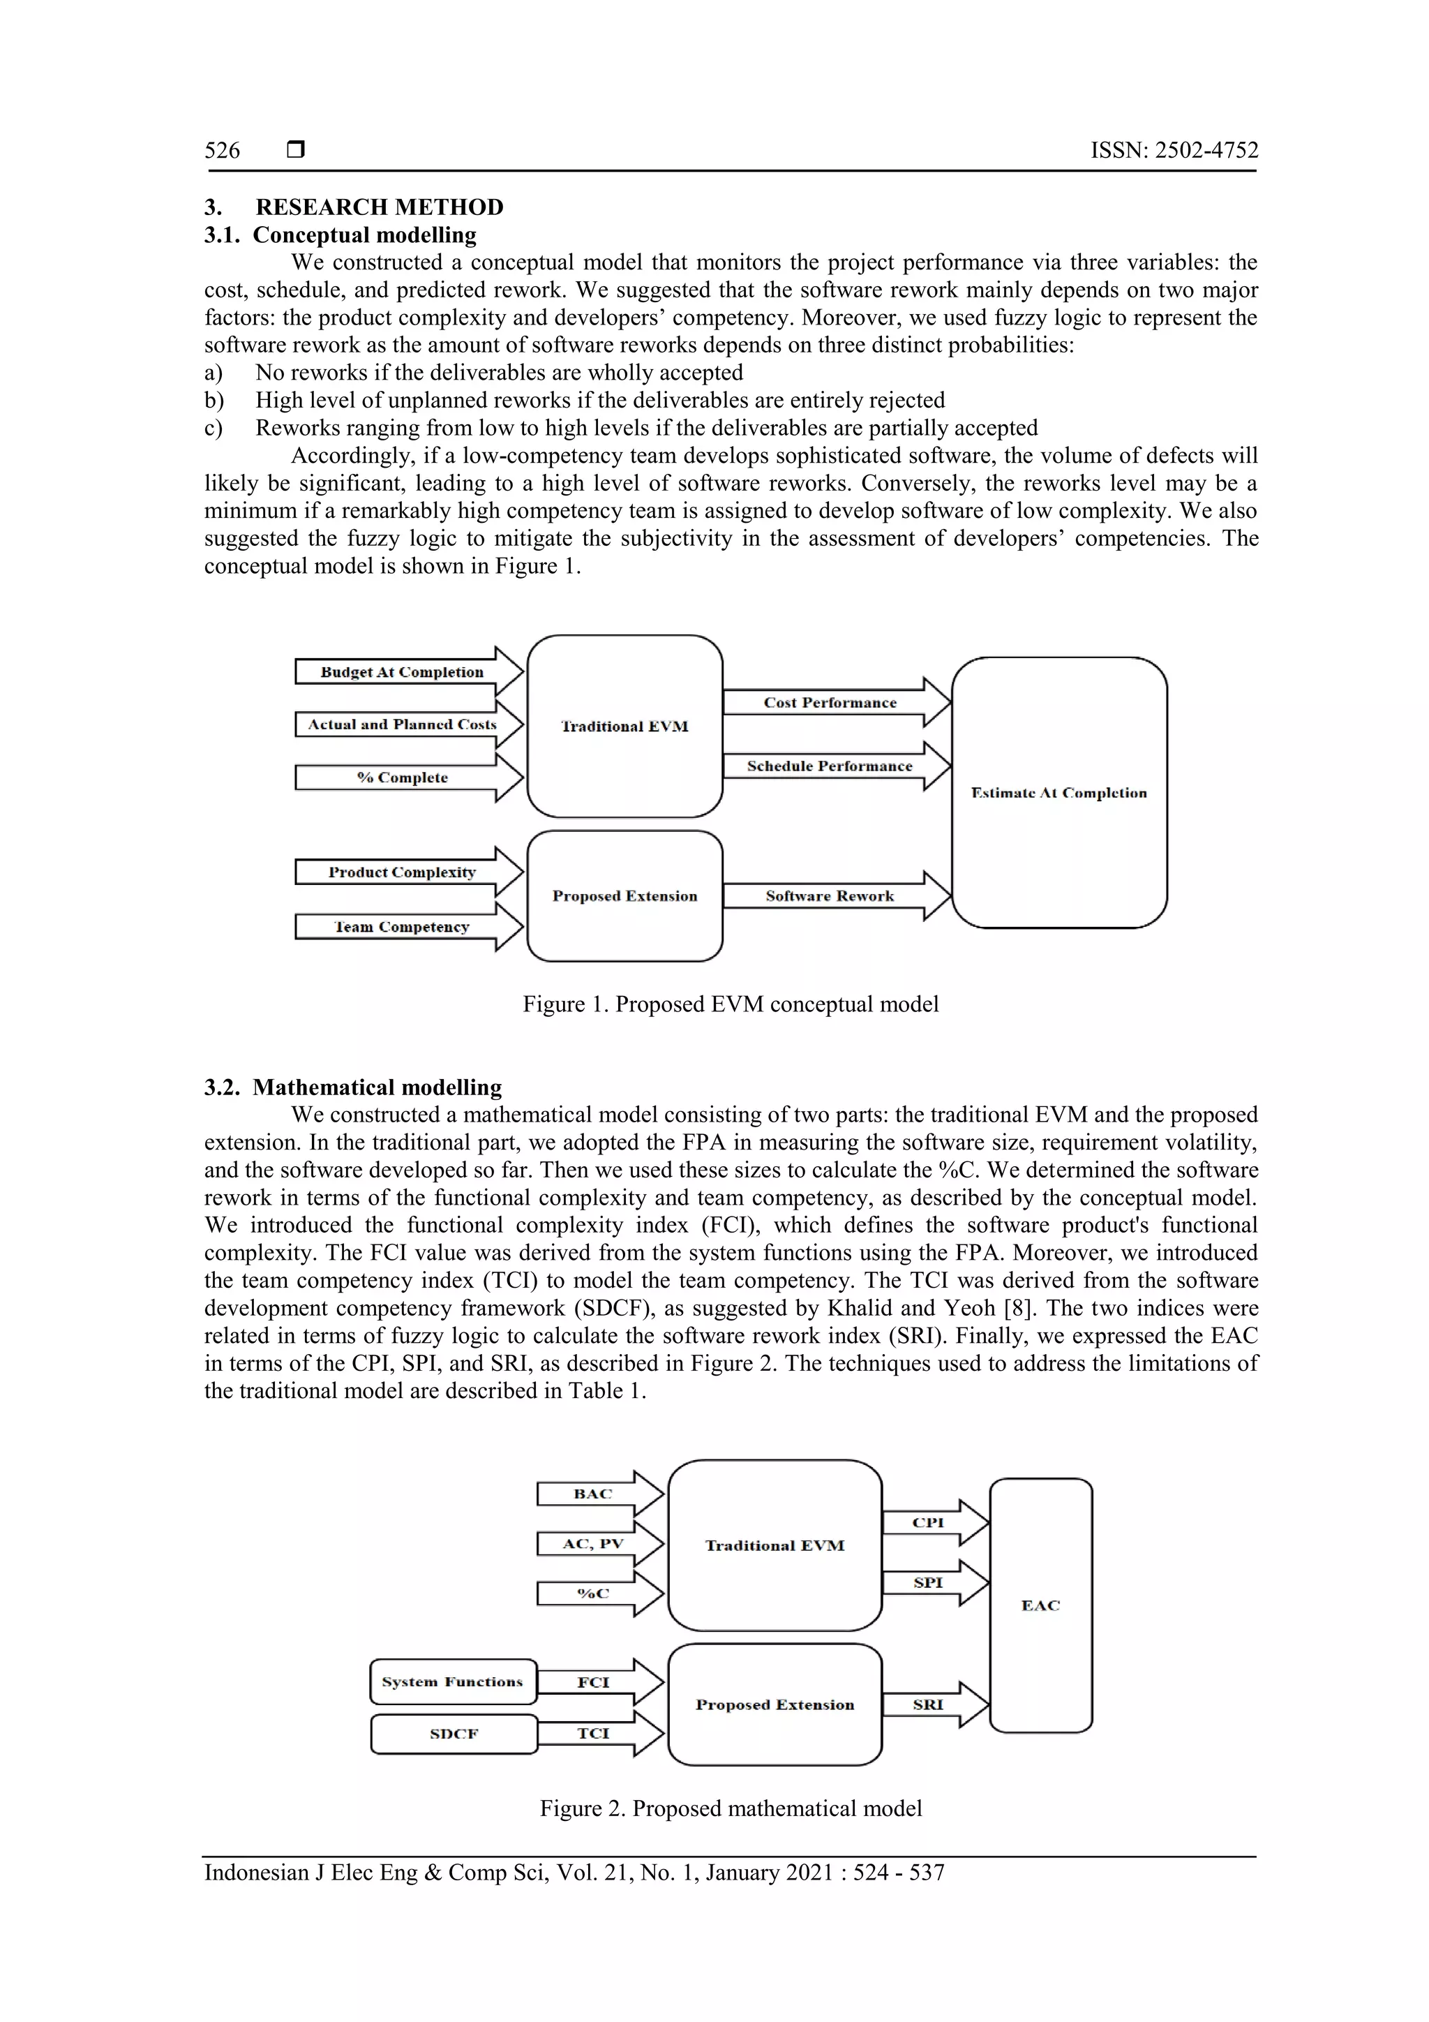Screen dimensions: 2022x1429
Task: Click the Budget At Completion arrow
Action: [403, 672]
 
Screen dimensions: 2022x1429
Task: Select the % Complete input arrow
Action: [403, 778]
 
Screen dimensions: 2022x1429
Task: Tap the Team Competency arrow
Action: [403, 926]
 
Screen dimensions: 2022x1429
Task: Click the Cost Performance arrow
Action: [830, 702]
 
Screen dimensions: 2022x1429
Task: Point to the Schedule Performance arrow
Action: [830, 766]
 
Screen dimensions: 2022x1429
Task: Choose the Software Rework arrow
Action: [830, 895]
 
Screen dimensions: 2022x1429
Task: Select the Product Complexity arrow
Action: [403, 872]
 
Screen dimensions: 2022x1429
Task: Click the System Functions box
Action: [453, 1681]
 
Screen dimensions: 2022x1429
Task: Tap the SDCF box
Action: [454, 1733]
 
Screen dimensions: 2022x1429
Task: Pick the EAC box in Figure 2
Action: [1041, 1605]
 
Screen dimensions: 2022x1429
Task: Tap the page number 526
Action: [222, 151]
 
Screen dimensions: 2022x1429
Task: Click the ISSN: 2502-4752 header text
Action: [1174, 151]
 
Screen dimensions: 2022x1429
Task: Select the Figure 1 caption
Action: [730, 1004]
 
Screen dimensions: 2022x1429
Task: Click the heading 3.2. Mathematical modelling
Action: [353, 1087]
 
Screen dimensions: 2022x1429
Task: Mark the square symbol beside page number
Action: [296, 149]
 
